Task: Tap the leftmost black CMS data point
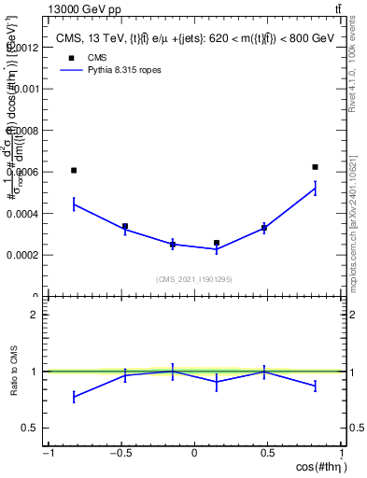tap(74, 170)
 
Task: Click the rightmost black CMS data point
tap(316, 166)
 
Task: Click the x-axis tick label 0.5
tap(268, 455)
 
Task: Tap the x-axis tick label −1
tap(48, 455)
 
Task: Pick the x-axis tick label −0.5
tap(120, 455)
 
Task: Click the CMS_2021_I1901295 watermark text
tap(195, 279)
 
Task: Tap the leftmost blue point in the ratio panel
tap(74, 397)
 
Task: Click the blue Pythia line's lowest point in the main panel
tap(217, 248)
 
